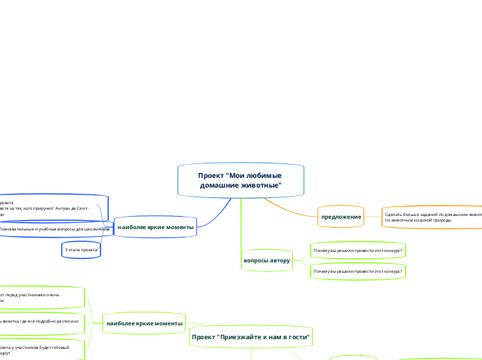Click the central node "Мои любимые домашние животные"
[240, 181]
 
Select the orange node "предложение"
[341, 217]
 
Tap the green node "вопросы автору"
[266, 260]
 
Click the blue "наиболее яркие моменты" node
[156, 227]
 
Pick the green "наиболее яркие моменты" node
[145, 323]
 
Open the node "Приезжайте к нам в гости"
[251, 336]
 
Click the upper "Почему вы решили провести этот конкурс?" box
[357, 249]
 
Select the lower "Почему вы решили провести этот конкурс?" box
[357, 271]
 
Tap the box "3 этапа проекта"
[81, 249]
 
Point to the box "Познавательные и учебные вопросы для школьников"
[55, 228]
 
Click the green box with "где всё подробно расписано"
[42, 322]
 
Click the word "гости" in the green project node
[298, 336]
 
